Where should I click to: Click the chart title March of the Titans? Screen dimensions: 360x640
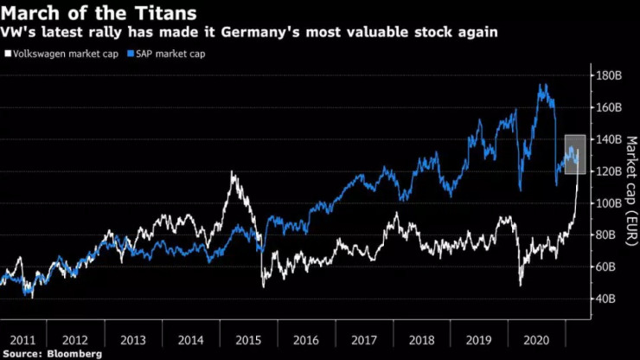[x=99, y=14]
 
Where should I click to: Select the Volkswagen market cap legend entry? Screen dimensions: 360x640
[x=67, y=55]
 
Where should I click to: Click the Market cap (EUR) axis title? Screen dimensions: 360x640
[x=630, y=187]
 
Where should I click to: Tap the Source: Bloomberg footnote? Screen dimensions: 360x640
[x=53, y=354]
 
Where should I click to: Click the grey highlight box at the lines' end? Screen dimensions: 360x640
[x=574, y=154]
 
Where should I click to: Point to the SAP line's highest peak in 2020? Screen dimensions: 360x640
[x=543, y=85]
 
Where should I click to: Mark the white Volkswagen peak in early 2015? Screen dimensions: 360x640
[x=233, y=172]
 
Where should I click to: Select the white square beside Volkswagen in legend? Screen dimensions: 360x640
[x=8, y=55]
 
